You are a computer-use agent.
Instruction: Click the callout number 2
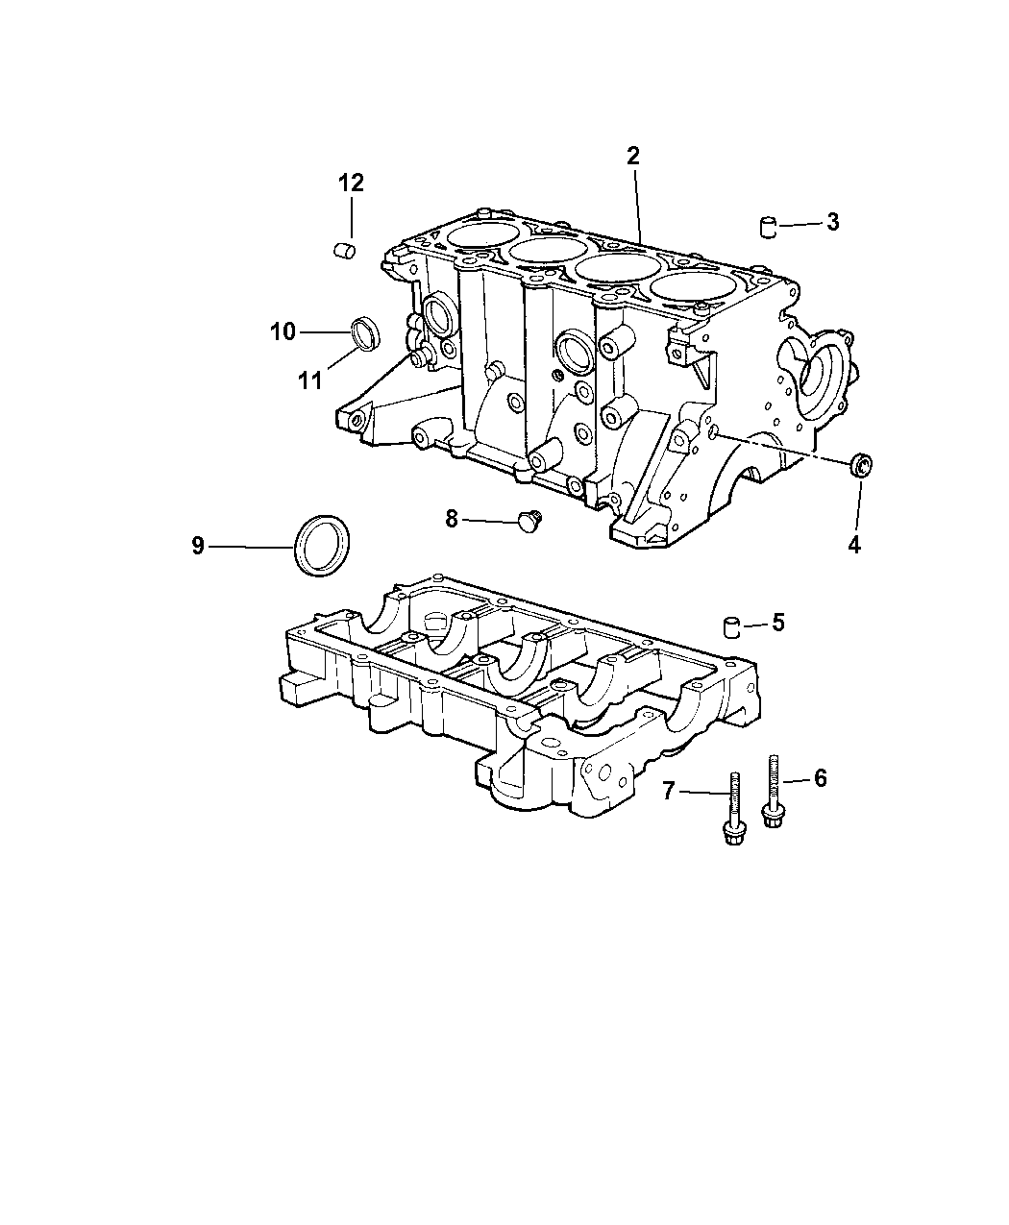(632, 156)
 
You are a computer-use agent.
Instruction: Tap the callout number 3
(832, 222)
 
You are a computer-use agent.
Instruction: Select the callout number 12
(351, 184)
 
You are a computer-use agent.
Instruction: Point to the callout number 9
(198, 546)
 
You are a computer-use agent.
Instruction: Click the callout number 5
(778, 623)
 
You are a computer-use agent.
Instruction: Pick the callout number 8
(451, 519)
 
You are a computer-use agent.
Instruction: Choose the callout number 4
(854, 545)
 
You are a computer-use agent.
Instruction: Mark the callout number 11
(310, 381)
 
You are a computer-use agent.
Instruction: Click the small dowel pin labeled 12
(345, 251)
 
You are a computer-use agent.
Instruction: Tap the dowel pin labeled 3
(769, 227)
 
